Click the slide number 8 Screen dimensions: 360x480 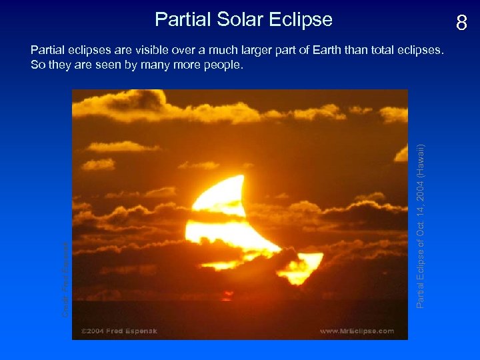pos(461,24)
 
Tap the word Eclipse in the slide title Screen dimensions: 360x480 pos(307,19)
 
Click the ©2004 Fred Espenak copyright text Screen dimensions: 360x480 pos(121,331)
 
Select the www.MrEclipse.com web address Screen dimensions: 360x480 pos(357,331)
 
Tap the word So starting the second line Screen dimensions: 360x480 pos(37,65)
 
